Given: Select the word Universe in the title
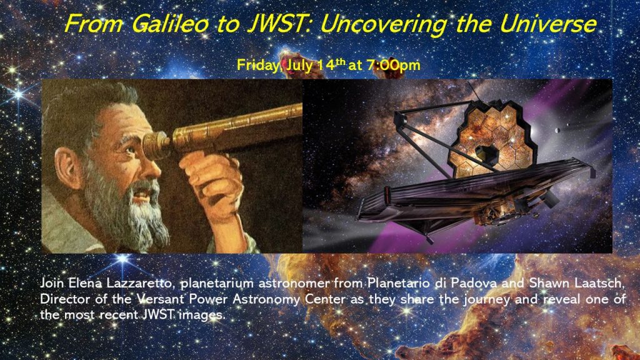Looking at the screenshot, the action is tap(548, 24).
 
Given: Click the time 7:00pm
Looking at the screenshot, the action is tap(394, 65).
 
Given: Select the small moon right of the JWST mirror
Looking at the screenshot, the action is tap(557, 131).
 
